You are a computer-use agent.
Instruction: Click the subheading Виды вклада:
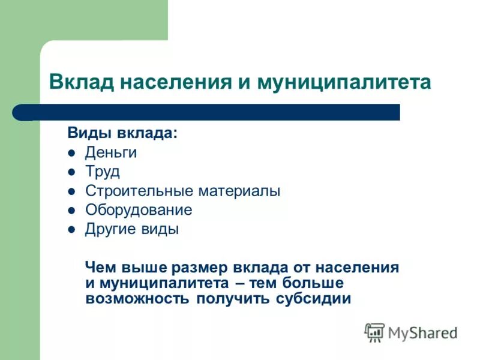tap(122, 133)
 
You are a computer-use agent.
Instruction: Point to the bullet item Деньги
tap(111, 152)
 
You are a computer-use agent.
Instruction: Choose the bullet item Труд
tap(103, 172)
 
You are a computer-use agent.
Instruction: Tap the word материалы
tap(239, 191)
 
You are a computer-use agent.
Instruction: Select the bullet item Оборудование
tap(139, 210)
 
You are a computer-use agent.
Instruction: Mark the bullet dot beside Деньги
tap(71, 153)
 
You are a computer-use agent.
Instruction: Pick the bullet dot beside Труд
tap(71, 172)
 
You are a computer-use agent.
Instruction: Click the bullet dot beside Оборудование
tap(71, 211)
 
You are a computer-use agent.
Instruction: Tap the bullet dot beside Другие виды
tap(71, 230)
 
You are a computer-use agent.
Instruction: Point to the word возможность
tap(137, 298)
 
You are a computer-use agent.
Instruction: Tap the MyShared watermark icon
tap(374, 331)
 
